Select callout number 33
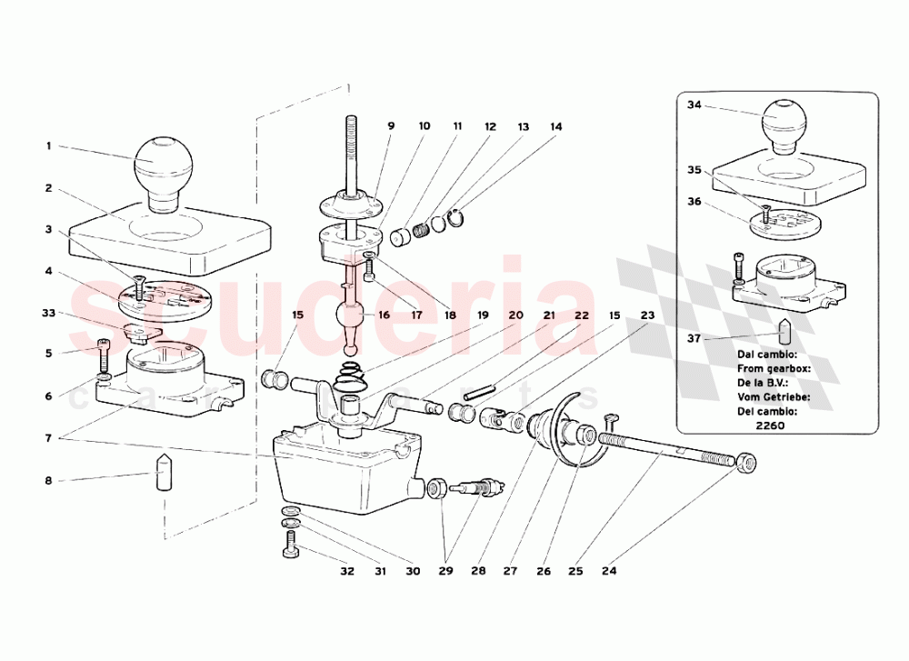(x=49, y=314)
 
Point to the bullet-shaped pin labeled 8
(x=163, y=472)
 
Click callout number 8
(x=49, y=481)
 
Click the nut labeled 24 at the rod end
(x=745, y=464)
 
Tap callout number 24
(x=609, y=572)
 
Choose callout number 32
(x=346, y=572)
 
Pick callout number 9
(x=391, y=127)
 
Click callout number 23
(x=647, y=315)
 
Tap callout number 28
(x=479, y=572)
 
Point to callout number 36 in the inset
(x=694, y=202)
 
